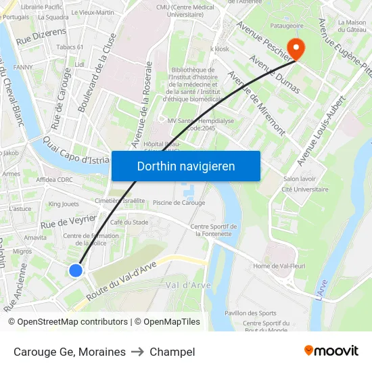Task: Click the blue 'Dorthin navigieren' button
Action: point(185,166)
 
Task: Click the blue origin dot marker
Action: point(76,270)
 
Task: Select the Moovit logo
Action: point(331,350)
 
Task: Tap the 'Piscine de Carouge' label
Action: point(179,202)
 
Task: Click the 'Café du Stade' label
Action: point(129,222)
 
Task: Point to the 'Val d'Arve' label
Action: point(188,285)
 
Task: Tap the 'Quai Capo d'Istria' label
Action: point(76,151)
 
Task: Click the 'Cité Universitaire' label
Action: point(305,189)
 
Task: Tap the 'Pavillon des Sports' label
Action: point(250,313)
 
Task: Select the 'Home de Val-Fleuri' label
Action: point(280,266)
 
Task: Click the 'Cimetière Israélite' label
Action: point(120,200)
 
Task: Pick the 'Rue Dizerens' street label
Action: point(41,35)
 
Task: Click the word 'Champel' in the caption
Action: point(172,352)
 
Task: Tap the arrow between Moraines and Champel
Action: point(138,352)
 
